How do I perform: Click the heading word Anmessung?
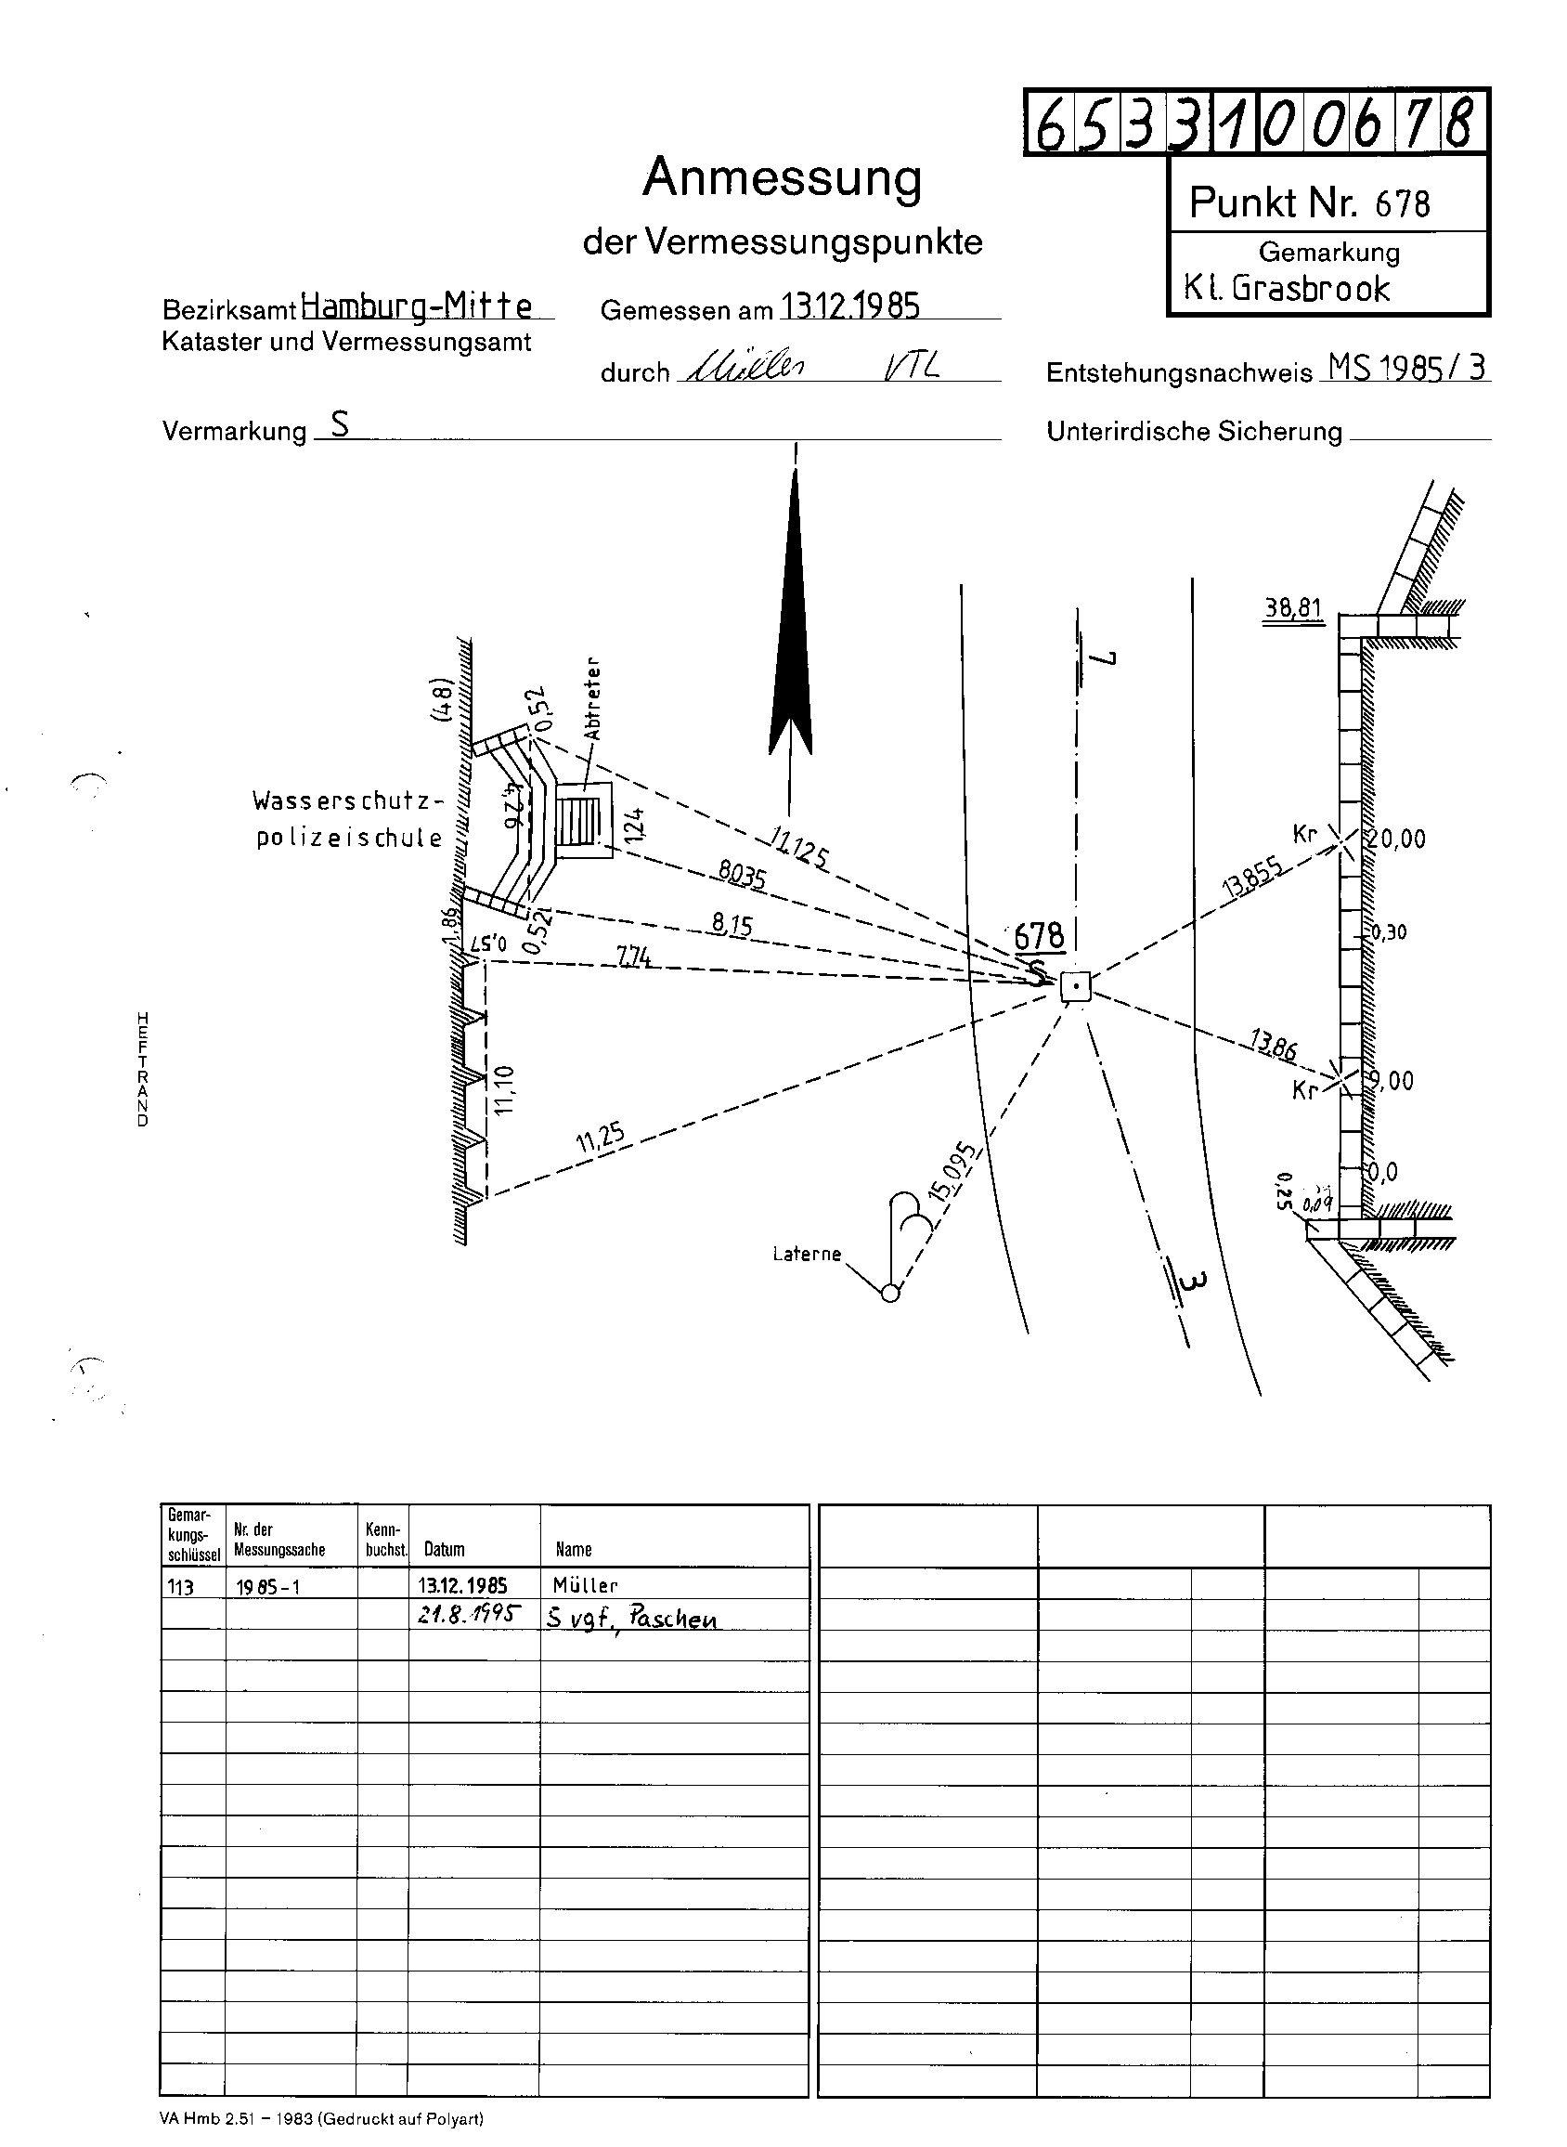[782, 177]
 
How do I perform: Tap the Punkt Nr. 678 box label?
[1309, 203]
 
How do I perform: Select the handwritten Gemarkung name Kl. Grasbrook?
[1287, 289]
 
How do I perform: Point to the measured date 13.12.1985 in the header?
[850, 306]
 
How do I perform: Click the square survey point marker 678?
[1076, 988]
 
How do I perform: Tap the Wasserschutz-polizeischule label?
[348, 819]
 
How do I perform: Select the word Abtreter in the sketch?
[593, 698]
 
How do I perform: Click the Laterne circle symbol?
[889, 1292]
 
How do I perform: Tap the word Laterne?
[807, 1255]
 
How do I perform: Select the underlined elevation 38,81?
[1292, 607]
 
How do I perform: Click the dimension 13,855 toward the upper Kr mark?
[1254, 877]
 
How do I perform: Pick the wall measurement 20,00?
[1395, 839]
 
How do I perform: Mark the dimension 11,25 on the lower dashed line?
[601, 1138]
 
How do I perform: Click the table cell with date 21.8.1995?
[469, 1615]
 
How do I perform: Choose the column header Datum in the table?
[444, 1550]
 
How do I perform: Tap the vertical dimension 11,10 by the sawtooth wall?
[504, 1089]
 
